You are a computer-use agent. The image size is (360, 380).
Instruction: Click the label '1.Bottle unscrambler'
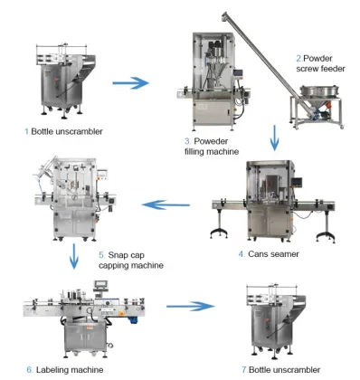(65, 131)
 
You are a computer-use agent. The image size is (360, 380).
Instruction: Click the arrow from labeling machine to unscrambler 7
(194, 308)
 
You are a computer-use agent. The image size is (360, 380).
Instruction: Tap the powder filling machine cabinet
(213, 86)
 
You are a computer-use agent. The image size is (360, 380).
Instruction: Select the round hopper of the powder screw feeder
(312, 93)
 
